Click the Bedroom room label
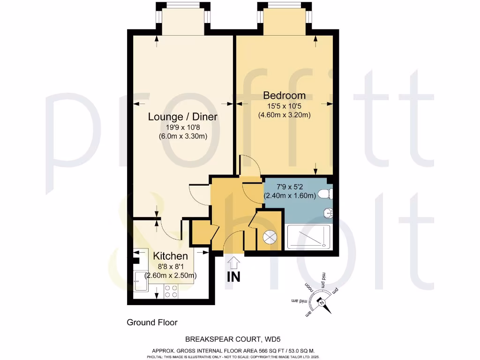(x=285, y=96)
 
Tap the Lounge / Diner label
(x=183, y=117)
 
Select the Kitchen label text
(x=171, y=256)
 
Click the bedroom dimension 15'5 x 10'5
(x=284, y=106)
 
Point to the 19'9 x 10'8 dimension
(x=183, y=127)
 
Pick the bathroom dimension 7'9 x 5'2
(x=289, y=186)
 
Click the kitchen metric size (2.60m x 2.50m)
(x=171, y=275)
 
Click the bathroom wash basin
(x=328, y=213)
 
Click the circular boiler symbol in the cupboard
(x=270, y=238)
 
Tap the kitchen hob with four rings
(x=171, y=292)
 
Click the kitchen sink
(x=140, y=281)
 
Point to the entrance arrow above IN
(x=234, y=262)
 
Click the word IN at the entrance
(x=234, y=277)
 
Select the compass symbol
(x=322, y=303)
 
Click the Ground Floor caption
(x=152, y=322)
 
